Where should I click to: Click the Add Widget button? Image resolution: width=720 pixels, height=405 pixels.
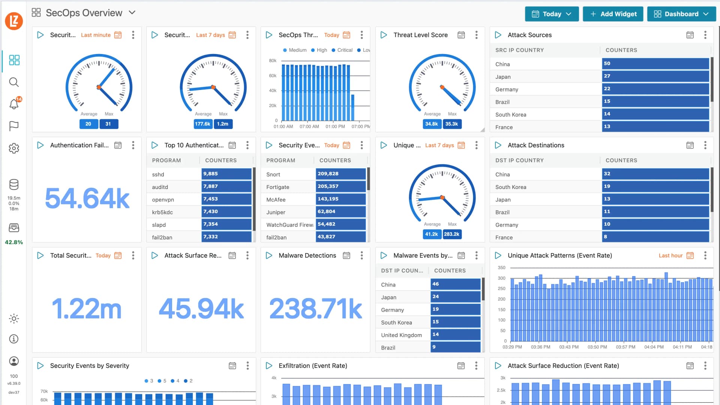point(613,14)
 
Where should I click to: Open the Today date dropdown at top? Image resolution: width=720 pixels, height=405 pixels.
point(552,14)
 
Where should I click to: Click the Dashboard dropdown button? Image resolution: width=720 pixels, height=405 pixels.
point(681,14)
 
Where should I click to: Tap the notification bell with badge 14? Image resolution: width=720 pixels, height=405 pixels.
point(14,104)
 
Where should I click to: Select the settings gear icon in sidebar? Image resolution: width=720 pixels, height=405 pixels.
point(14,148)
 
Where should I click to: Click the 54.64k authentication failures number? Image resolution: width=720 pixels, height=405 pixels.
point(87,198)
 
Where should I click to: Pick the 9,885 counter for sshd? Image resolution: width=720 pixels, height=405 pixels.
point(226,174)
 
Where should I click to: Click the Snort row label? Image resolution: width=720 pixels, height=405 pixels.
point(273,174)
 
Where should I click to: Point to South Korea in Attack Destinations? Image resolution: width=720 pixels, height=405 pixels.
point(510,187)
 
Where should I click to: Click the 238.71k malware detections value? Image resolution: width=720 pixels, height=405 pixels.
point(315,309)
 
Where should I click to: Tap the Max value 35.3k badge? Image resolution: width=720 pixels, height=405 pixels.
point(451,124)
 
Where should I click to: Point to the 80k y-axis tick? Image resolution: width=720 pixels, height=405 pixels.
point(273,60)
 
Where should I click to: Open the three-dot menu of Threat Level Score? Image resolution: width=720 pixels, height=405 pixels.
point(476,35)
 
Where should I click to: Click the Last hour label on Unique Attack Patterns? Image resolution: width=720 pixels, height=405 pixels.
point(670,255)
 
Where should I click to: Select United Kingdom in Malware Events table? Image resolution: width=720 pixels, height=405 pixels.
point(401,335)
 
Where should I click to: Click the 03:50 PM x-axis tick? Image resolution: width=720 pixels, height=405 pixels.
point(597,347)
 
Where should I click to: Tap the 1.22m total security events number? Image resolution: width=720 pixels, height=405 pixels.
point(87,309)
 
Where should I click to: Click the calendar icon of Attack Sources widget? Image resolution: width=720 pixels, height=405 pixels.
point(690,35)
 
